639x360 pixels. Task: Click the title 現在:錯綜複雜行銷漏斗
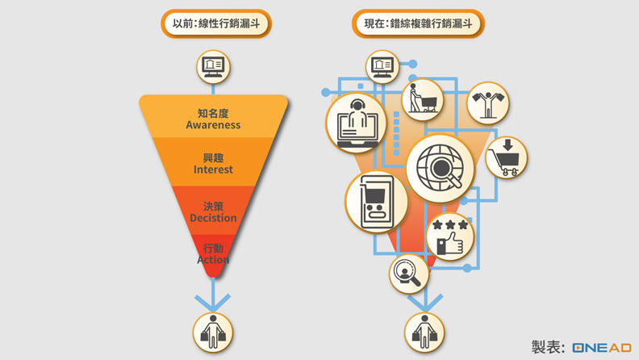(418, 23)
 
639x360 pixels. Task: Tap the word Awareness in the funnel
(213, 125)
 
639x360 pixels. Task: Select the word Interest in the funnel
(213, 170)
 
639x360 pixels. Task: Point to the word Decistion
(213, 218)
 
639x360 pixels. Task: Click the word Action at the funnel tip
(213, 260)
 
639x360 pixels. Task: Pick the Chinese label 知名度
(213, 113)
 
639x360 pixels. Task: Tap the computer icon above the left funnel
(213, 66)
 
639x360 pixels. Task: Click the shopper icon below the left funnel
(212, 332)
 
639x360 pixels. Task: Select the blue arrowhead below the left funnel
(212, 302)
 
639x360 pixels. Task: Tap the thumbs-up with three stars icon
(449, 236)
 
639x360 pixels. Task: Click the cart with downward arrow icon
(506, 157)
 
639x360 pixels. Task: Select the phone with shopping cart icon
(376, 203)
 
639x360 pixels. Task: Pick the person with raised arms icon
(487, 102)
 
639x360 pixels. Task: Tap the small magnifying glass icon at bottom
(408, 273)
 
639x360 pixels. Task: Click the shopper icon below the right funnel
(423, 332)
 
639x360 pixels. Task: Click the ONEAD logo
(601, 347)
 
